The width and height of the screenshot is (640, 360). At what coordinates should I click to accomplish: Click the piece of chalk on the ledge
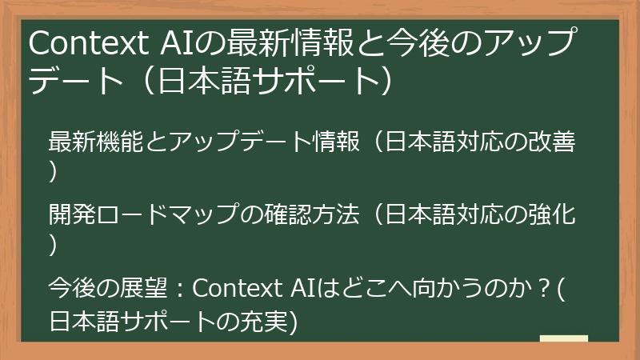[x=563, y=338]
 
